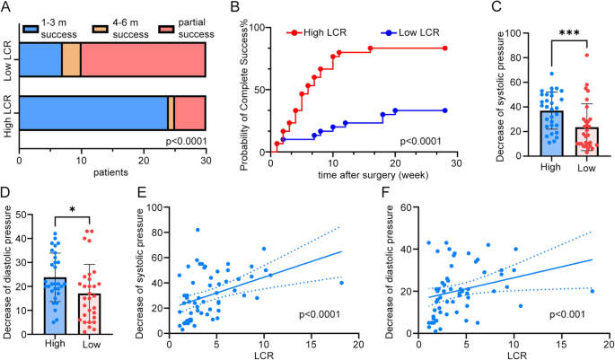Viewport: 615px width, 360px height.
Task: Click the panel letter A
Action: (x=7, y=9)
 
